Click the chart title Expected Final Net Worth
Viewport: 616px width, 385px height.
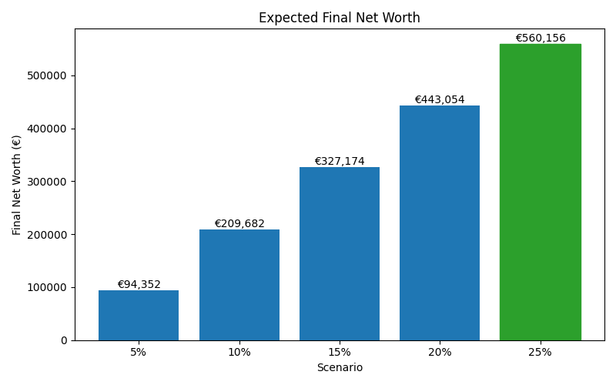pyautogui.click(x=340, y=18)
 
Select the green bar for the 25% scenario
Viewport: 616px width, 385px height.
pyautogui.click(x=540, y=192)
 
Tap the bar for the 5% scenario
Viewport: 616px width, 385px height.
pyautogui.click(x=139, y=315)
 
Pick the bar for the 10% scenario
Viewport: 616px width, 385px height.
pyautogui.click(x=239, y=285)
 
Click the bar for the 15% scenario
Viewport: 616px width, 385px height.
pyautogui.click(x=340, y=253)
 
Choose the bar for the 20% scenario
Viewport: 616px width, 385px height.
pyautogui.click(x=440, y=223)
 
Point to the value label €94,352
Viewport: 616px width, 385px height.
pyautogui.click(x=139, y=284)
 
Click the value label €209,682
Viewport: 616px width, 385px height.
pyautogui.click(x=239, y=223)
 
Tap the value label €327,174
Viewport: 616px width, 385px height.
pyautogui.click(x=340, y=161)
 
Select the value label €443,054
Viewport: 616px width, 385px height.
pyautogui.click(x=440, y=99)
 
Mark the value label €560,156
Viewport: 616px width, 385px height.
pyautogui.click(x=540, y=38)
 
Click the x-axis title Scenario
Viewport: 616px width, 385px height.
pyautogui.click(x=340, y=367)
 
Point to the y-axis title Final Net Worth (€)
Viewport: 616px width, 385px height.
pyautogui.click(x=17, y=185)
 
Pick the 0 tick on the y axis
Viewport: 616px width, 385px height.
pyautogui.click(x=64, y=340)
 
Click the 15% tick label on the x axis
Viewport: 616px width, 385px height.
pyautogui.click(x=340, y=352)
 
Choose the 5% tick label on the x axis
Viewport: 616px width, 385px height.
pyautogui.click(x=139, y=352)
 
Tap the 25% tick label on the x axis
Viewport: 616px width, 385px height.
pyautogui.click(x=540, y=352)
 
